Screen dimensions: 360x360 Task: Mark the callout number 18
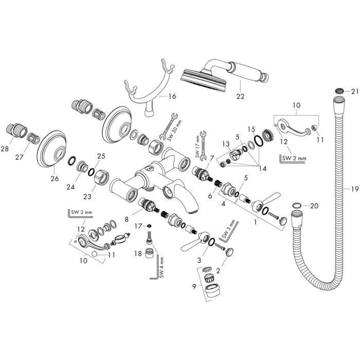pos(138,253)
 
